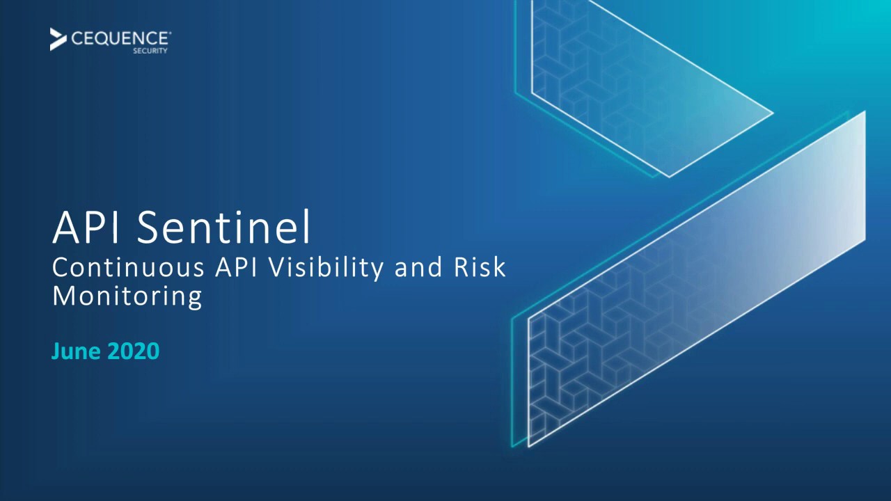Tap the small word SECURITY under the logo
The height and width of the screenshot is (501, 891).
click(x=155, y=51)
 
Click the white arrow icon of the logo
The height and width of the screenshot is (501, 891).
click(x=58, y=39)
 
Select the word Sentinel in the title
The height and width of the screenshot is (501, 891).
click(x=223, y=228)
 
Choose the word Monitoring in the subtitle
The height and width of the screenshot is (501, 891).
click(x=127, y=296)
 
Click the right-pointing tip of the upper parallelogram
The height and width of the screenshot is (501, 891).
click(x=772, y=112)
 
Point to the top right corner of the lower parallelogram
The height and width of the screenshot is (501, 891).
click(x=865, y=111)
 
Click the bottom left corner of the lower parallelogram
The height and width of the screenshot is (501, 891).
click(x=528, y=445)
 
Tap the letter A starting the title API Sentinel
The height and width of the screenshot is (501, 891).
click(x=65, y=228)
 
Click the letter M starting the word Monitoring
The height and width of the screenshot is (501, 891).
click(x=63, y=296)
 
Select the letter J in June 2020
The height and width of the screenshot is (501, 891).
click(x=56, y=351)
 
